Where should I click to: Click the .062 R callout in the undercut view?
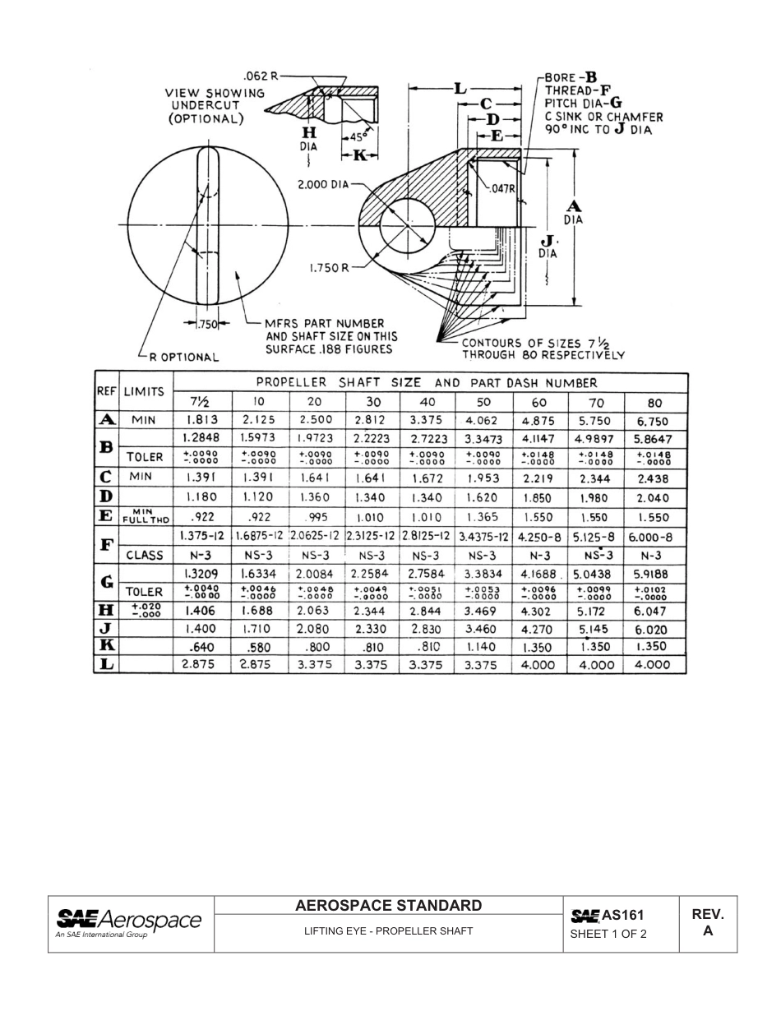(x=261, y=76)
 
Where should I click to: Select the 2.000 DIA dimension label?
(x=324, y=185)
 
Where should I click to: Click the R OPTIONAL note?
(x=183, y=358)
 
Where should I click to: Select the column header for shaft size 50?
(x=483, y=403)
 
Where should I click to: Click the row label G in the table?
(x=106, y=583)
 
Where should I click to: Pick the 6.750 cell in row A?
(x=654, y=420)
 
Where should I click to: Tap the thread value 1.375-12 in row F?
(x=202, y=536)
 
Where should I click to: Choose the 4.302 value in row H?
(x=538, y=612)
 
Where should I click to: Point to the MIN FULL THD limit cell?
(x=146, y=517)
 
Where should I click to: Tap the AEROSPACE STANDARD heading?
(x=389, y=906)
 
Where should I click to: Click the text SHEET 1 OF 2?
(x=608, y=934)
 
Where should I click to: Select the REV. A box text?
(x=707, y=923)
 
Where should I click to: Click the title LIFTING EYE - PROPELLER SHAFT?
(x=389, y=931)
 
